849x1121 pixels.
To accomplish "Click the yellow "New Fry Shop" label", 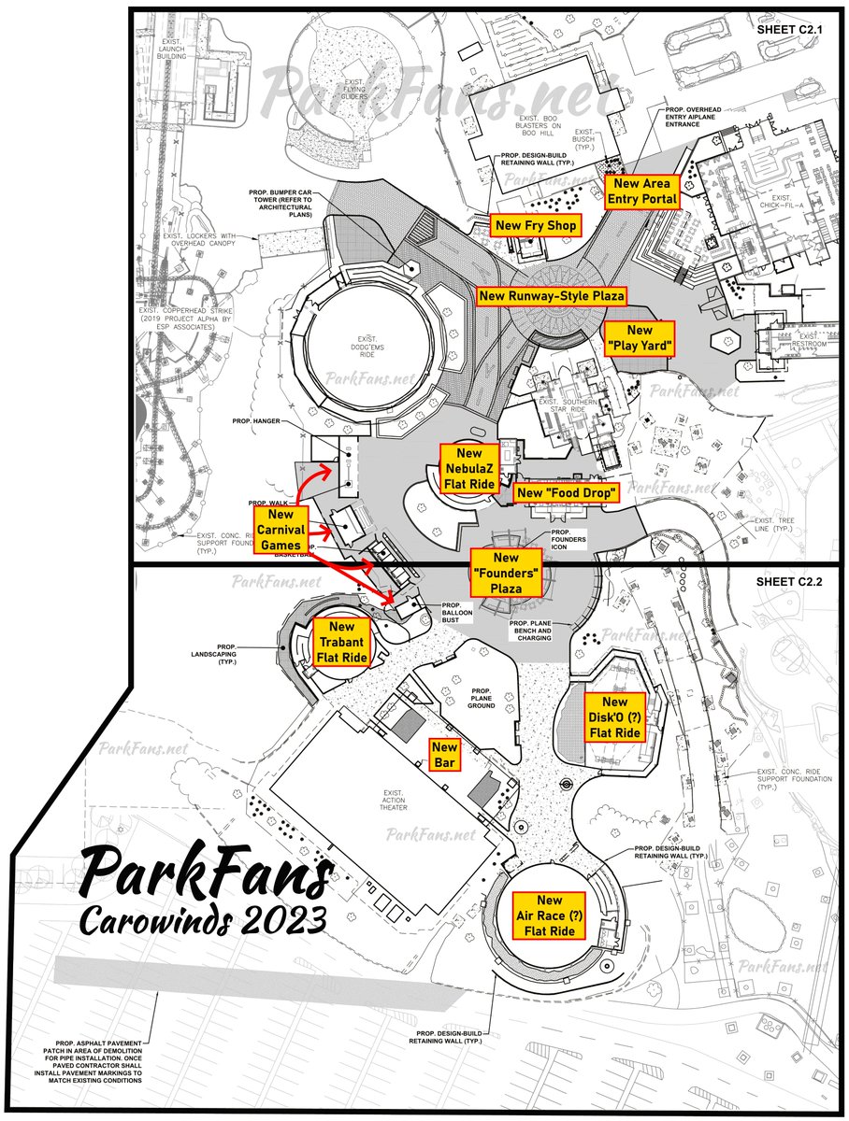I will (x=536, y=225).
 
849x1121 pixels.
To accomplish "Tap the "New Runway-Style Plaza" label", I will (x=551, y=297).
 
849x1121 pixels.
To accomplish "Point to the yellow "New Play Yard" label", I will (x=640, y=338).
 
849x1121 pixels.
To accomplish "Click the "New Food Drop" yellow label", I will (x=568, y=492).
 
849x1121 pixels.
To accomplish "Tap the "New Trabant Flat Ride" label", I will (x=342, y=642).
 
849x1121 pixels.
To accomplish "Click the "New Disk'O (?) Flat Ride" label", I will (x=614, y=717).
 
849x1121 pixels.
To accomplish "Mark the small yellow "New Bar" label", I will (x=445, y=755).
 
